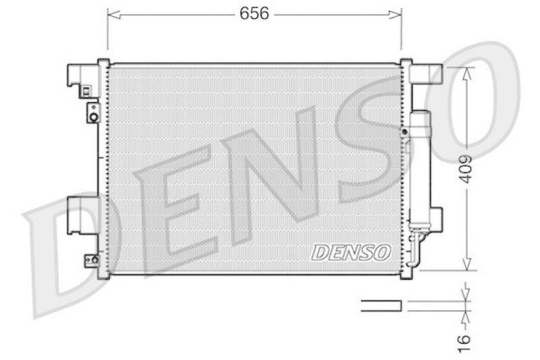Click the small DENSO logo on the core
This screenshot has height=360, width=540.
click(x=351, y=252)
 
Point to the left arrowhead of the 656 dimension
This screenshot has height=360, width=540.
click(x=111, y=14)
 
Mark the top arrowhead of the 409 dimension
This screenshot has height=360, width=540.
click(x=466, y=72)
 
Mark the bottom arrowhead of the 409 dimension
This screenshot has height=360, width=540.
click(x=466, y=265)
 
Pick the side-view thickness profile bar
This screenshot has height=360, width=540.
click(x=381, y=305)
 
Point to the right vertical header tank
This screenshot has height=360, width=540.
click(x=405, y=169)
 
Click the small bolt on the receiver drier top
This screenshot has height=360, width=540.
click(x=404, y=132)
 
